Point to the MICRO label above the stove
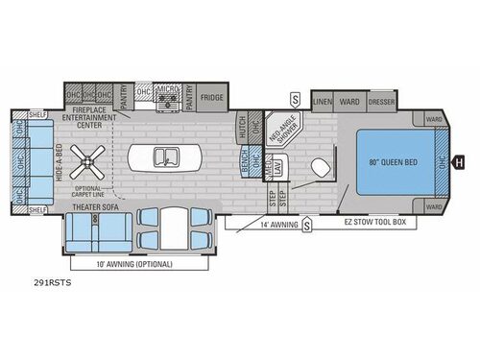[168, 86]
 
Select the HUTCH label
[242, 127]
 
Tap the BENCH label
[246, 164]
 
